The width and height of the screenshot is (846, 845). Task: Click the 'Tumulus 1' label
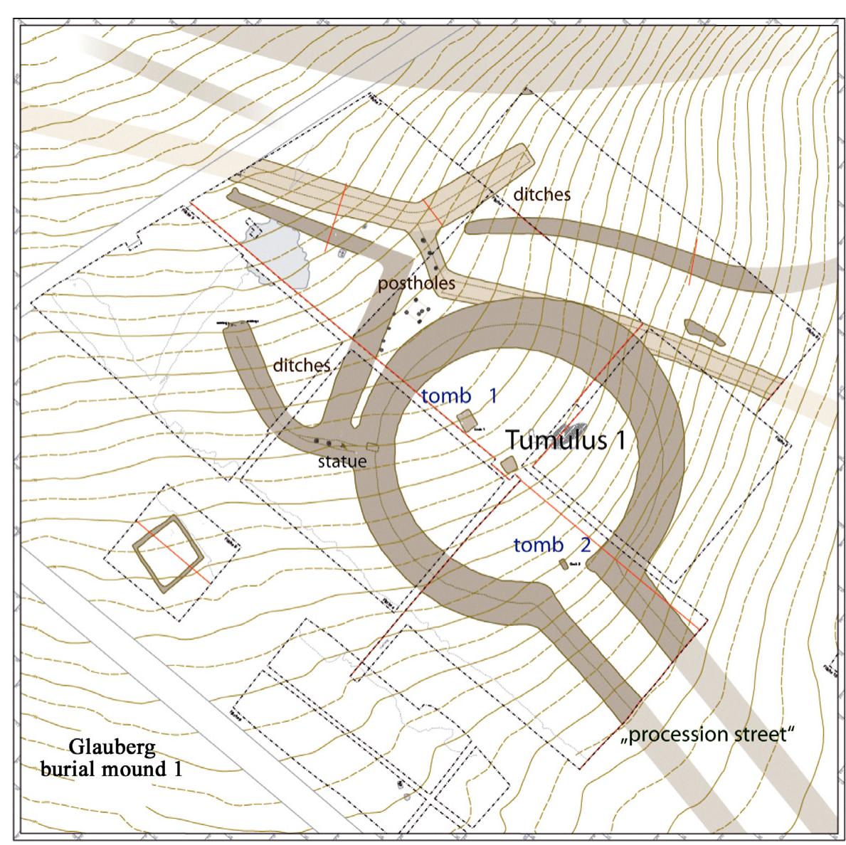pos(565,440)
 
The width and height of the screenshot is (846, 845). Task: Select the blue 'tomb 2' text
pos(551,546)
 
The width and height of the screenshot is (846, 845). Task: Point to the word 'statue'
pos(342,461)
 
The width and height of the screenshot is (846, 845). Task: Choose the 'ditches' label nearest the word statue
pos(302,366)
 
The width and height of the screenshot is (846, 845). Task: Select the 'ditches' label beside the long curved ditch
pos(543,193)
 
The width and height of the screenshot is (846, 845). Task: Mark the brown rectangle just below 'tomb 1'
pos(467,420)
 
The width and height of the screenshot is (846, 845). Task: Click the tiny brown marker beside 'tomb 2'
pos(564,564)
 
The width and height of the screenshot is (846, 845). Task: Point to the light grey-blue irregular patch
pos(279,253)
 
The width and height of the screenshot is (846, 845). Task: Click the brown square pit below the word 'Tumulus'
pos(509,464)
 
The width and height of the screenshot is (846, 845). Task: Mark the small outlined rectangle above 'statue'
pos(371,446)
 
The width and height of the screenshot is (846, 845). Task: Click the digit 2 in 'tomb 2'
pos(585,546)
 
